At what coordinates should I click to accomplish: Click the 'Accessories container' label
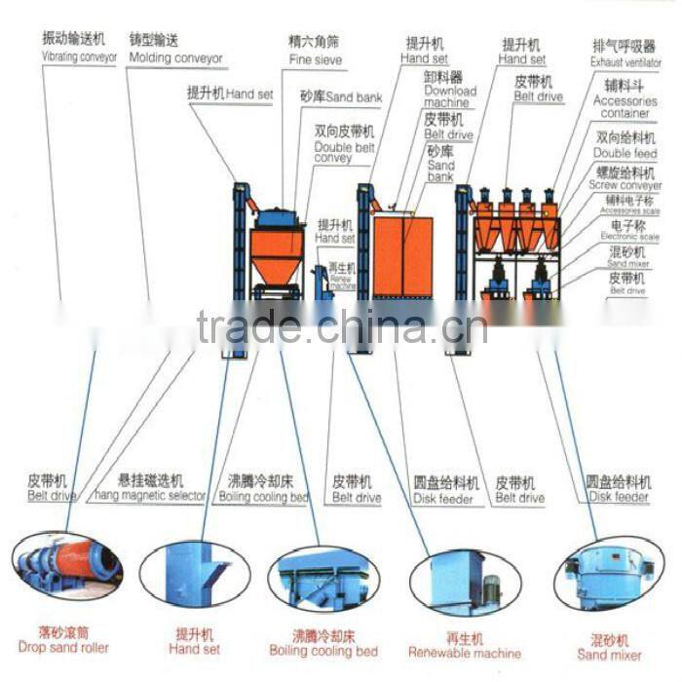pyautogui.click(x=625, y=106)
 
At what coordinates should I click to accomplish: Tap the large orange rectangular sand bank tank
pyautogui.click(x=401, y=257)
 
